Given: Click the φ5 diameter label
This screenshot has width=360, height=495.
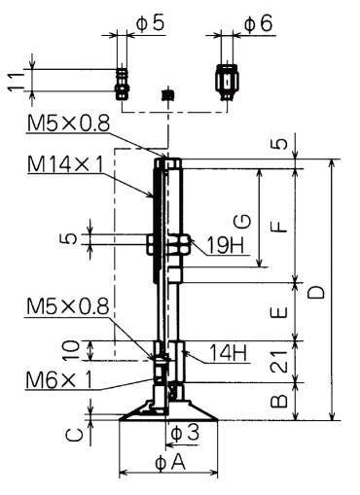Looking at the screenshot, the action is [150, 23].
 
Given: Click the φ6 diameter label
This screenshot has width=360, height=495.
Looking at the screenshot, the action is [259, 24].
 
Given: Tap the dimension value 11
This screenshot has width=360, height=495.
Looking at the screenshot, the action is [16, 82].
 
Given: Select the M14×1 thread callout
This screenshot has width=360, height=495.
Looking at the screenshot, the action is [65, 165].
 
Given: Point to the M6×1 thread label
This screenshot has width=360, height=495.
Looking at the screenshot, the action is [58, 379].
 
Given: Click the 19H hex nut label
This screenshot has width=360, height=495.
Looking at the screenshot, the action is [226, 245].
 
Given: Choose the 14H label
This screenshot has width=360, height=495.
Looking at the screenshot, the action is [228, 353].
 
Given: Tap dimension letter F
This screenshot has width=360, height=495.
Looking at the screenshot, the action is [278, 226].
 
